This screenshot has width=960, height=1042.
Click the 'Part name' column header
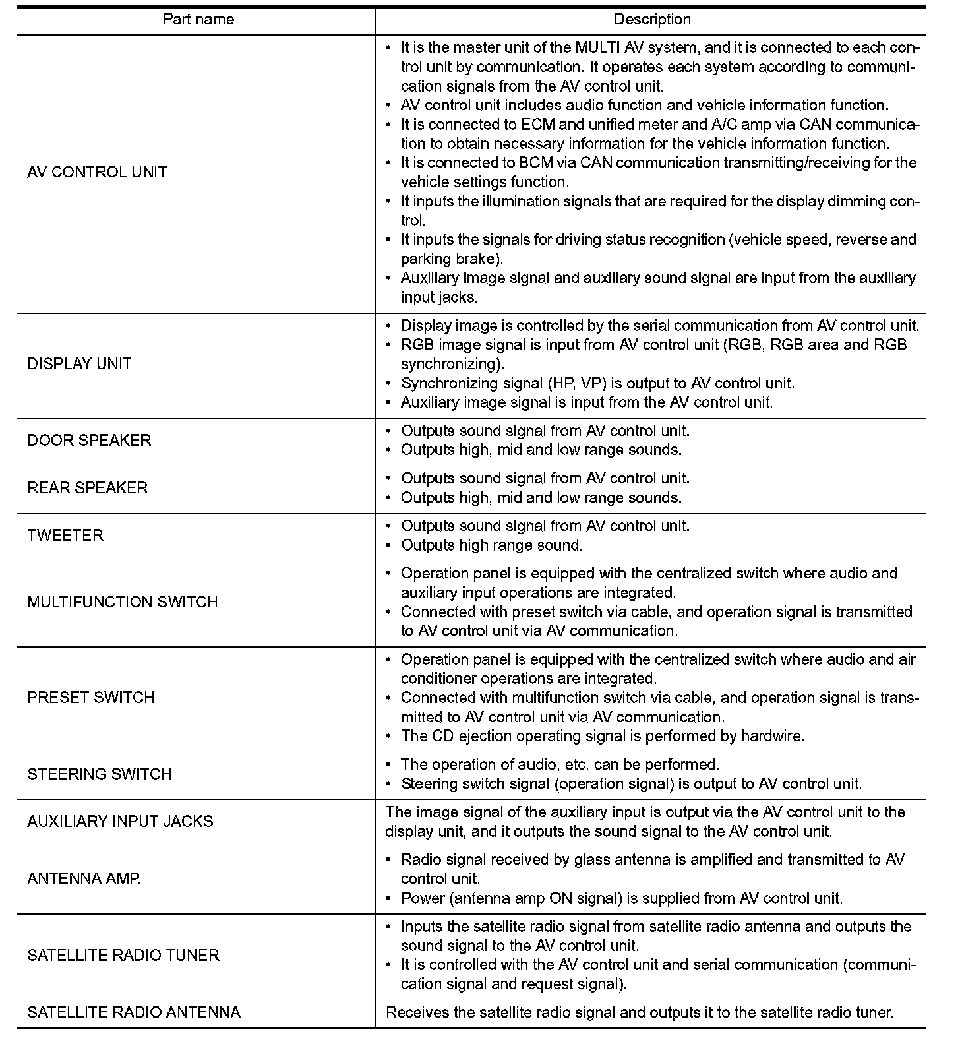[198, 19]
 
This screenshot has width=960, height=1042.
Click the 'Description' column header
[652, 19]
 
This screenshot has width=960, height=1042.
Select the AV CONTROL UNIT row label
[97, 172]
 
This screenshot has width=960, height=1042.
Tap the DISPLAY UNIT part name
[79, 364]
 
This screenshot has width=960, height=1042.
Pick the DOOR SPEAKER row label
[89, 441]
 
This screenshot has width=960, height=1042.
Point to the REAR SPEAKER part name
[88, 488]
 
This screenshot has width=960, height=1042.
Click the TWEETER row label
[65, 536]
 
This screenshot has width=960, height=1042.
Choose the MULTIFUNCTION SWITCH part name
[123, 602]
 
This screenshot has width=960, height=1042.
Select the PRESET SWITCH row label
[91, 698]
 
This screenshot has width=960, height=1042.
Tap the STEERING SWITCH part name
[100, 774]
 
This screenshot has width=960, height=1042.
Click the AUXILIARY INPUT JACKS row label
[120, 822]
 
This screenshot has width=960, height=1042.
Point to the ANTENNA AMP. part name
[84, 879]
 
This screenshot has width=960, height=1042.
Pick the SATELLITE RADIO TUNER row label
[123, 955]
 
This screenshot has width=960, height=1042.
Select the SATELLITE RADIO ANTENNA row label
[134, 1012]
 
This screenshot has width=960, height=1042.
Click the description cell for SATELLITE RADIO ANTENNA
[640, 1012]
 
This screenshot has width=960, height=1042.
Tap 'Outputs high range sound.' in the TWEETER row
[492, 545]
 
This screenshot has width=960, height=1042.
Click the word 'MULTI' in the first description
[595, 47]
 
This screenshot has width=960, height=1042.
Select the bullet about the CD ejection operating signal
[602, 736]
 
